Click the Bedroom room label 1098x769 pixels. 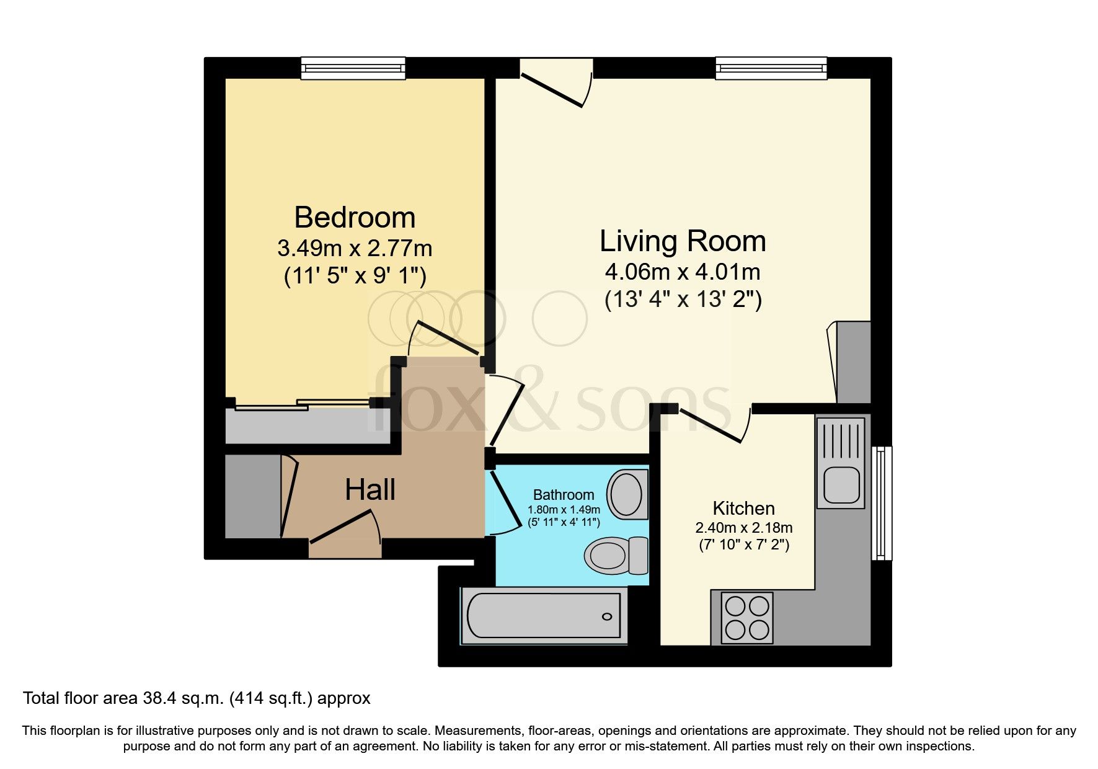click(x=355, y=218)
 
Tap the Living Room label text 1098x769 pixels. click(x=683, y=241)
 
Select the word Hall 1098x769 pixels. click(x=370, y=490)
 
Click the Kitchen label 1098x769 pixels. click(x=743, y=509)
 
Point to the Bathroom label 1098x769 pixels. click(x=564, y=495)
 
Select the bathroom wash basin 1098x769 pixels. click(x=627, y=494)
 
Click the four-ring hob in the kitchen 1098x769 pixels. click(x=747, y=618)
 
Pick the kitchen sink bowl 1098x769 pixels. click(x=841, y=485)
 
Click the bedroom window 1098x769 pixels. click(x=353, y=68)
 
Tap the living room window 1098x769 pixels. click(x=771, y=68)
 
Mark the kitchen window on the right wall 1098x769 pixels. click(x=881, y=502)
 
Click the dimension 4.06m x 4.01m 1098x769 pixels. click(x=683, y=272)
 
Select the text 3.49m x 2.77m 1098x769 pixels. click(x=355, y=249)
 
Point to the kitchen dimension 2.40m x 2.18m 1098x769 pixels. click(x=743, y=528)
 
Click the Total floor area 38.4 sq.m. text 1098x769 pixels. click(x=197, y=698)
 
